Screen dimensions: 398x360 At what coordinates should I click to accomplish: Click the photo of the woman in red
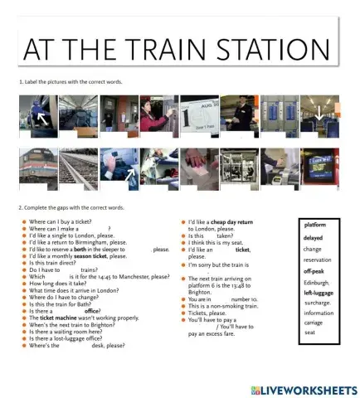pos(158,114)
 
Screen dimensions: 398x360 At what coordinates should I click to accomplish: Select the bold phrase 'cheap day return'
pos(233,221)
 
